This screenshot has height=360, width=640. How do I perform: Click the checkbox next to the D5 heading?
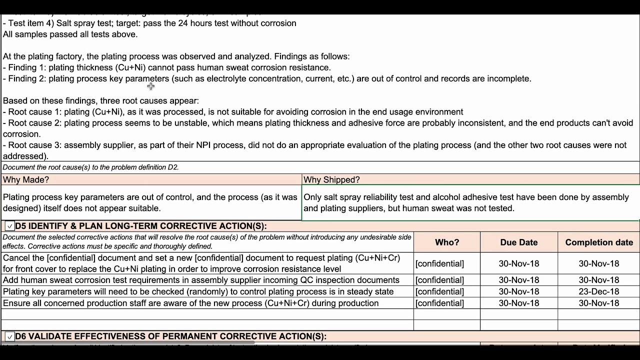tap(9, 226)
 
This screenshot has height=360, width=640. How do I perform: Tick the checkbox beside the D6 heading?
tap(9, 337)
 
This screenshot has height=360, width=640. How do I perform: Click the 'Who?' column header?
tap(446, 242)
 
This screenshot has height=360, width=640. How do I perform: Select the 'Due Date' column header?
tap(518, 242)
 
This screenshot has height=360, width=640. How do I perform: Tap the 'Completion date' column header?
tap(598, 242)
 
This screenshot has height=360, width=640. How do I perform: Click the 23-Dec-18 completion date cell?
tap(598, 291)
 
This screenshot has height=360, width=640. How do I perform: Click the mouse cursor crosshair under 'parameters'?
tap(150, 86)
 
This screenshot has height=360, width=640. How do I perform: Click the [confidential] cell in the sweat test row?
tap(439, 280)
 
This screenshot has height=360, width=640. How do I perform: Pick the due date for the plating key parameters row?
tap(518, 291)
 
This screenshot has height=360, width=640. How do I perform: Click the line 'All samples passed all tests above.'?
tap(70, 34)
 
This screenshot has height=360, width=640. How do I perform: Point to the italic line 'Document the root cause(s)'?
tap(90, 167)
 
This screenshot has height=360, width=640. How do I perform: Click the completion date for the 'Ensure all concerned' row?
tap(598, 303)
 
